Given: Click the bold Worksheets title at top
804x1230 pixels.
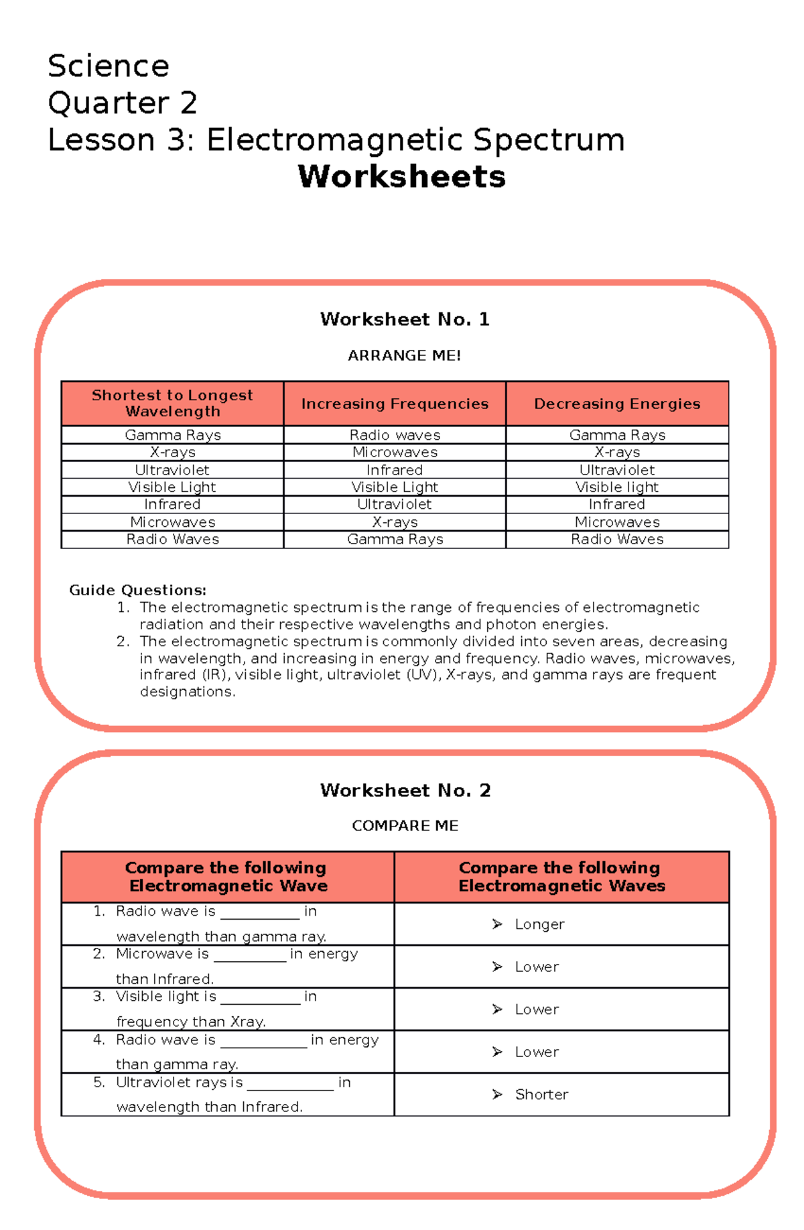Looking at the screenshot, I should point(401,177).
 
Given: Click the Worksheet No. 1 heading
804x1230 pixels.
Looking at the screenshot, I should point(405,319).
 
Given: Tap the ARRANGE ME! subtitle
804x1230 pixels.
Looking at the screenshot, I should point(404,355).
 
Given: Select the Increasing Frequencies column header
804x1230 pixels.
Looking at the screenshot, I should point(395,404).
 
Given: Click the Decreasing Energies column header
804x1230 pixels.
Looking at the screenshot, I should point(617,404).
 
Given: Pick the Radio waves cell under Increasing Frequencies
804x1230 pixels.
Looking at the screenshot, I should point(395,435).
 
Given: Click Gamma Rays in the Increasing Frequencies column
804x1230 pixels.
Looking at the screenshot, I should point(395,540).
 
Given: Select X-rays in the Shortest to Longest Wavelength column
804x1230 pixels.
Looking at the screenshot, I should point(172,452).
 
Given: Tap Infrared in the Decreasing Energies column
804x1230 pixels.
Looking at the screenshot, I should point(617,505).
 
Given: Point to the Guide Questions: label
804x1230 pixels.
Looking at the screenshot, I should point(137,590).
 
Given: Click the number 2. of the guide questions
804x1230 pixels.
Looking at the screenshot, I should point(123,641).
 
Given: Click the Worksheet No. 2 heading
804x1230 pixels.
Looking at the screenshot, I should point(405,790).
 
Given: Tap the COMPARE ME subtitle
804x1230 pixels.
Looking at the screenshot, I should point(405,826).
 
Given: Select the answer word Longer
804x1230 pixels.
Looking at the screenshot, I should point(539,924).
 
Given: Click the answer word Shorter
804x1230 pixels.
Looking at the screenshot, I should point(541,1095).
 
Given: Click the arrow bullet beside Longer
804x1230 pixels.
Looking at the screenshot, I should point(497,924).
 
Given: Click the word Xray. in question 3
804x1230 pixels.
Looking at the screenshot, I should point(248,1022).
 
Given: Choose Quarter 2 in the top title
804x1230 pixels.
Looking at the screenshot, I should point(122,103).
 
